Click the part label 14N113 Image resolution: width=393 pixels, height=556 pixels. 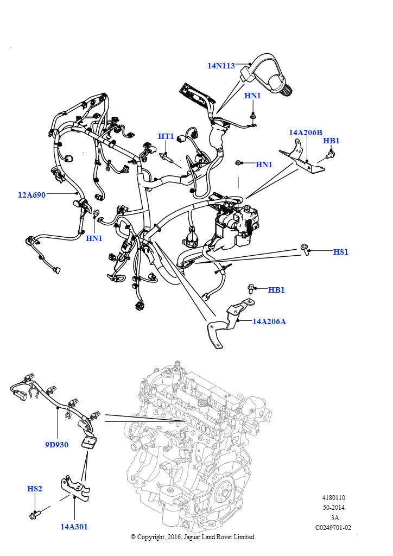[x=221, y=66]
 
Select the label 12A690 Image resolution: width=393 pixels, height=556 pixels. [x=32, y=195]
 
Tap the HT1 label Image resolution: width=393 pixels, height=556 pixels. [x=166, y=136]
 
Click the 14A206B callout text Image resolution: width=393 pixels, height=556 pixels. [x=306, y=132]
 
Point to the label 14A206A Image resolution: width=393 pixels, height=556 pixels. [x=269, y=321]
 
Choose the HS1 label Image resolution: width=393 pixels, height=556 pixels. [x=341, y=252]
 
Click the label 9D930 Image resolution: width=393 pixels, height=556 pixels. [x=56, y=445]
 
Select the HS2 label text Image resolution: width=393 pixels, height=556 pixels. [x=35, y=489]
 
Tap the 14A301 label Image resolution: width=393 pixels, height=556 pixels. [x=74, y=527]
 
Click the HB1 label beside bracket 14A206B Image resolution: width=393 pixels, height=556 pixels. [x=331, y=141]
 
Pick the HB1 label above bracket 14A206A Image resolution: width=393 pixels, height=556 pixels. [x=276, y=290]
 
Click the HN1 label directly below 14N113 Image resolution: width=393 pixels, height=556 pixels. [x=252, y=96]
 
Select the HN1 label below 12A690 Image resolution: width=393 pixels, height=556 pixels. [x=94, y=238]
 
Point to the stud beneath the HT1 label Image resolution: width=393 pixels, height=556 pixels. [x=167, y=157]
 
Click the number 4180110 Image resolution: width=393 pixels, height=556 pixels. [x=333, y=498]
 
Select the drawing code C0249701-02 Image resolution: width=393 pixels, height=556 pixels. [x=333, y=528]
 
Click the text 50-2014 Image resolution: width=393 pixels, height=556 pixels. [x=333, y=508]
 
